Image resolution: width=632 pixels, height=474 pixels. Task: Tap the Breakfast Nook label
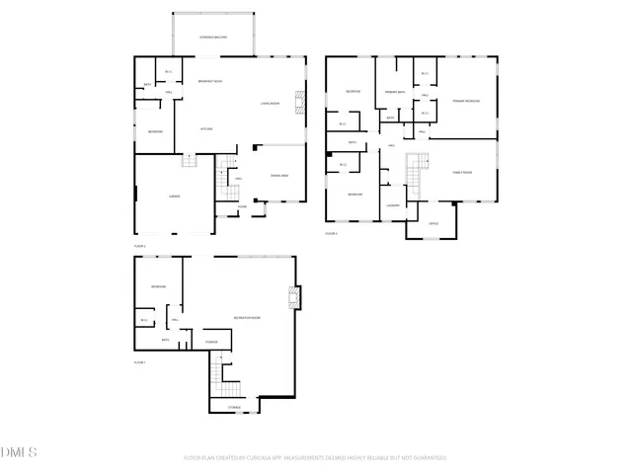tap(209, 81)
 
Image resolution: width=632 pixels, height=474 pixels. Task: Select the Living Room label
tap(271, 103)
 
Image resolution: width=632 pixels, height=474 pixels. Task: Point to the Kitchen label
tap(207, 128)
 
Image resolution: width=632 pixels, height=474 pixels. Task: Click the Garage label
tap(174, 197)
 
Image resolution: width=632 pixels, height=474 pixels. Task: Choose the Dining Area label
tap(279, 175)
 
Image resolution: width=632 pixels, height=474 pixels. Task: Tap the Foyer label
tap(242, 206)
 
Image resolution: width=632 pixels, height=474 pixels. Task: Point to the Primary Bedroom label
tap(466, 101)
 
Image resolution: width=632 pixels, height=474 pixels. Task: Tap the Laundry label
tap(392, 204)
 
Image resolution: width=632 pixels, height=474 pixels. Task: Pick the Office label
tap(434, 224)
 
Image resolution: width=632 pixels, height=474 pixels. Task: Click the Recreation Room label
tap(247, 317)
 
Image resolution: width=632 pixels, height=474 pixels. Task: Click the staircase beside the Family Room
tap(419, 172)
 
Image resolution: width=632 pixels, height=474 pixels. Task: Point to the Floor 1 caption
tap(139, 362)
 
